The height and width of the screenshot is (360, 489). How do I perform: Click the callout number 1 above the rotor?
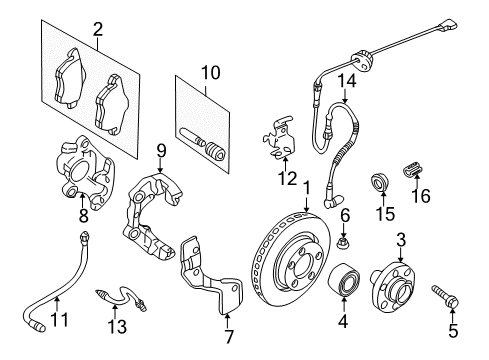(x=306, y=189)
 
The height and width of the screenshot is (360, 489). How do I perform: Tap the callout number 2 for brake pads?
(x=98, y=29)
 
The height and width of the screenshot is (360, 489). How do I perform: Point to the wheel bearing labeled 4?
(x=344, y=279)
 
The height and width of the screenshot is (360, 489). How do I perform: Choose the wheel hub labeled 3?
(x=394, y=284)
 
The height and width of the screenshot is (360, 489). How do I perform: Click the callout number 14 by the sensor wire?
(x=347, y=81)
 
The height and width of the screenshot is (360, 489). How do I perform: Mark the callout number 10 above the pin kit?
(x=211, y=72)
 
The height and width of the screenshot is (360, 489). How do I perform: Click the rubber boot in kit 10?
(x=216, y=152)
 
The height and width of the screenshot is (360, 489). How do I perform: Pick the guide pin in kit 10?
(x=193, y=138)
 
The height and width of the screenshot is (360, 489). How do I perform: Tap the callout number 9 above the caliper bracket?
(x=161, y=152)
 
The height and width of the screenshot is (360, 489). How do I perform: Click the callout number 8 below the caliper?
(x=83, y=215)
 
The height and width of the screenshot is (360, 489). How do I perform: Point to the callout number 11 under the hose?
(x=59, y=319)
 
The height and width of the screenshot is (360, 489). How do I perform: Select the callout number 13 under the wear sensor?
(x=117, y=326)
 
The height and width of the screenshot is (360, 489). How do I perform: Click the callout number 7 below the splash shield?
(x=229, y=336)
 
